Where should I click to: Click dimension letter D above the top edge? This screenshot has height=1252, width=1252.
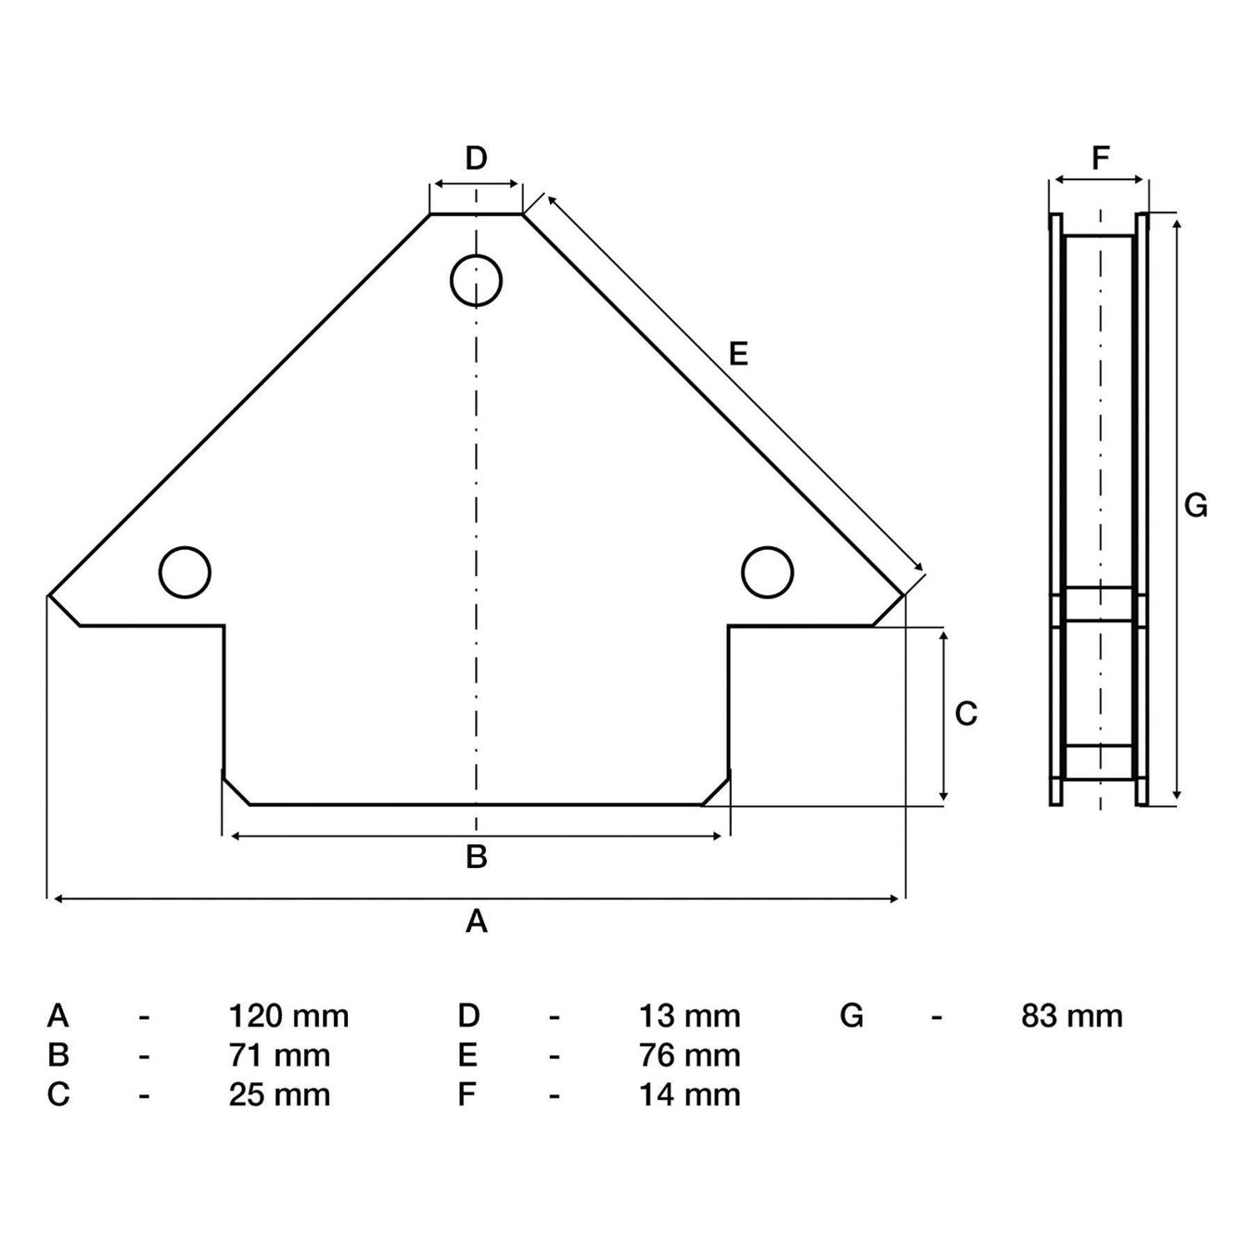click(x=477, y=158)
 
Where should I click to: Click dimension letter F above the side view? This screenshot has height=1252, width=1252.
click(x=1101, y=158)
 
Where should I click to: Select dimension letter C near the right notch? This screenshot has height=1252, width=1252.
click(x=966, y=713)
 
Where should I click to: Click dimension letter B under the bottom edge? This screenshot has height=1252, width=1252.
click(x=477, y=857)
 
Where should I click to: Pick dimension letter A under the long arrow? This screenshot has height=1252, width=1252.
click(x=477, y=921)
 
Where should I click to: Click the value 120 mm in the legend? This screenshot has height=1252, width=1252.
click(x=288, y=1016)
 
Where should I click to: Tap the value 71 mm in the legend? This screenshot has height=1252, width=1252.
click(x=279, y=1055)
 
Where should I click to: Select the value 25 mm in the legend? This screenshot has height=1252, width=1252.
click(x=279, y=1094)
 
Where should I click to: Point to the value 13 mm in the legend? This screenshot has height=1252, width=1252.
click(x=690, y=1016)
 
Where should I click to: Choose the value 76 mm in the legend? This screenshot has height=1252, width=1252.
click(x=690, y=1055)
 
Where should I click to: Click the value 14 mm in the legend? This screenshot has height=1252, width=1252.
click(x=690, y=1094)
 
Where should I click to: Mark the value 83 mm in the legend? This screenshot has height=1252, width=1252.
click(x=1072, y=1016)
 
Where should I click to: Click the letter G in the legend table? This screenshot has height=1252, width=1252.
click(x=851, y=1016)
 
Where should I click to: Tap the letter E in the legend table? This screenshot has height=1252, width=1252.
click(x=467, y=1055)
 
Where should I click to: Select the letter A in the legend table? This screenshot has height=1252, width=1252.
click(x=57, y=1016)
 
